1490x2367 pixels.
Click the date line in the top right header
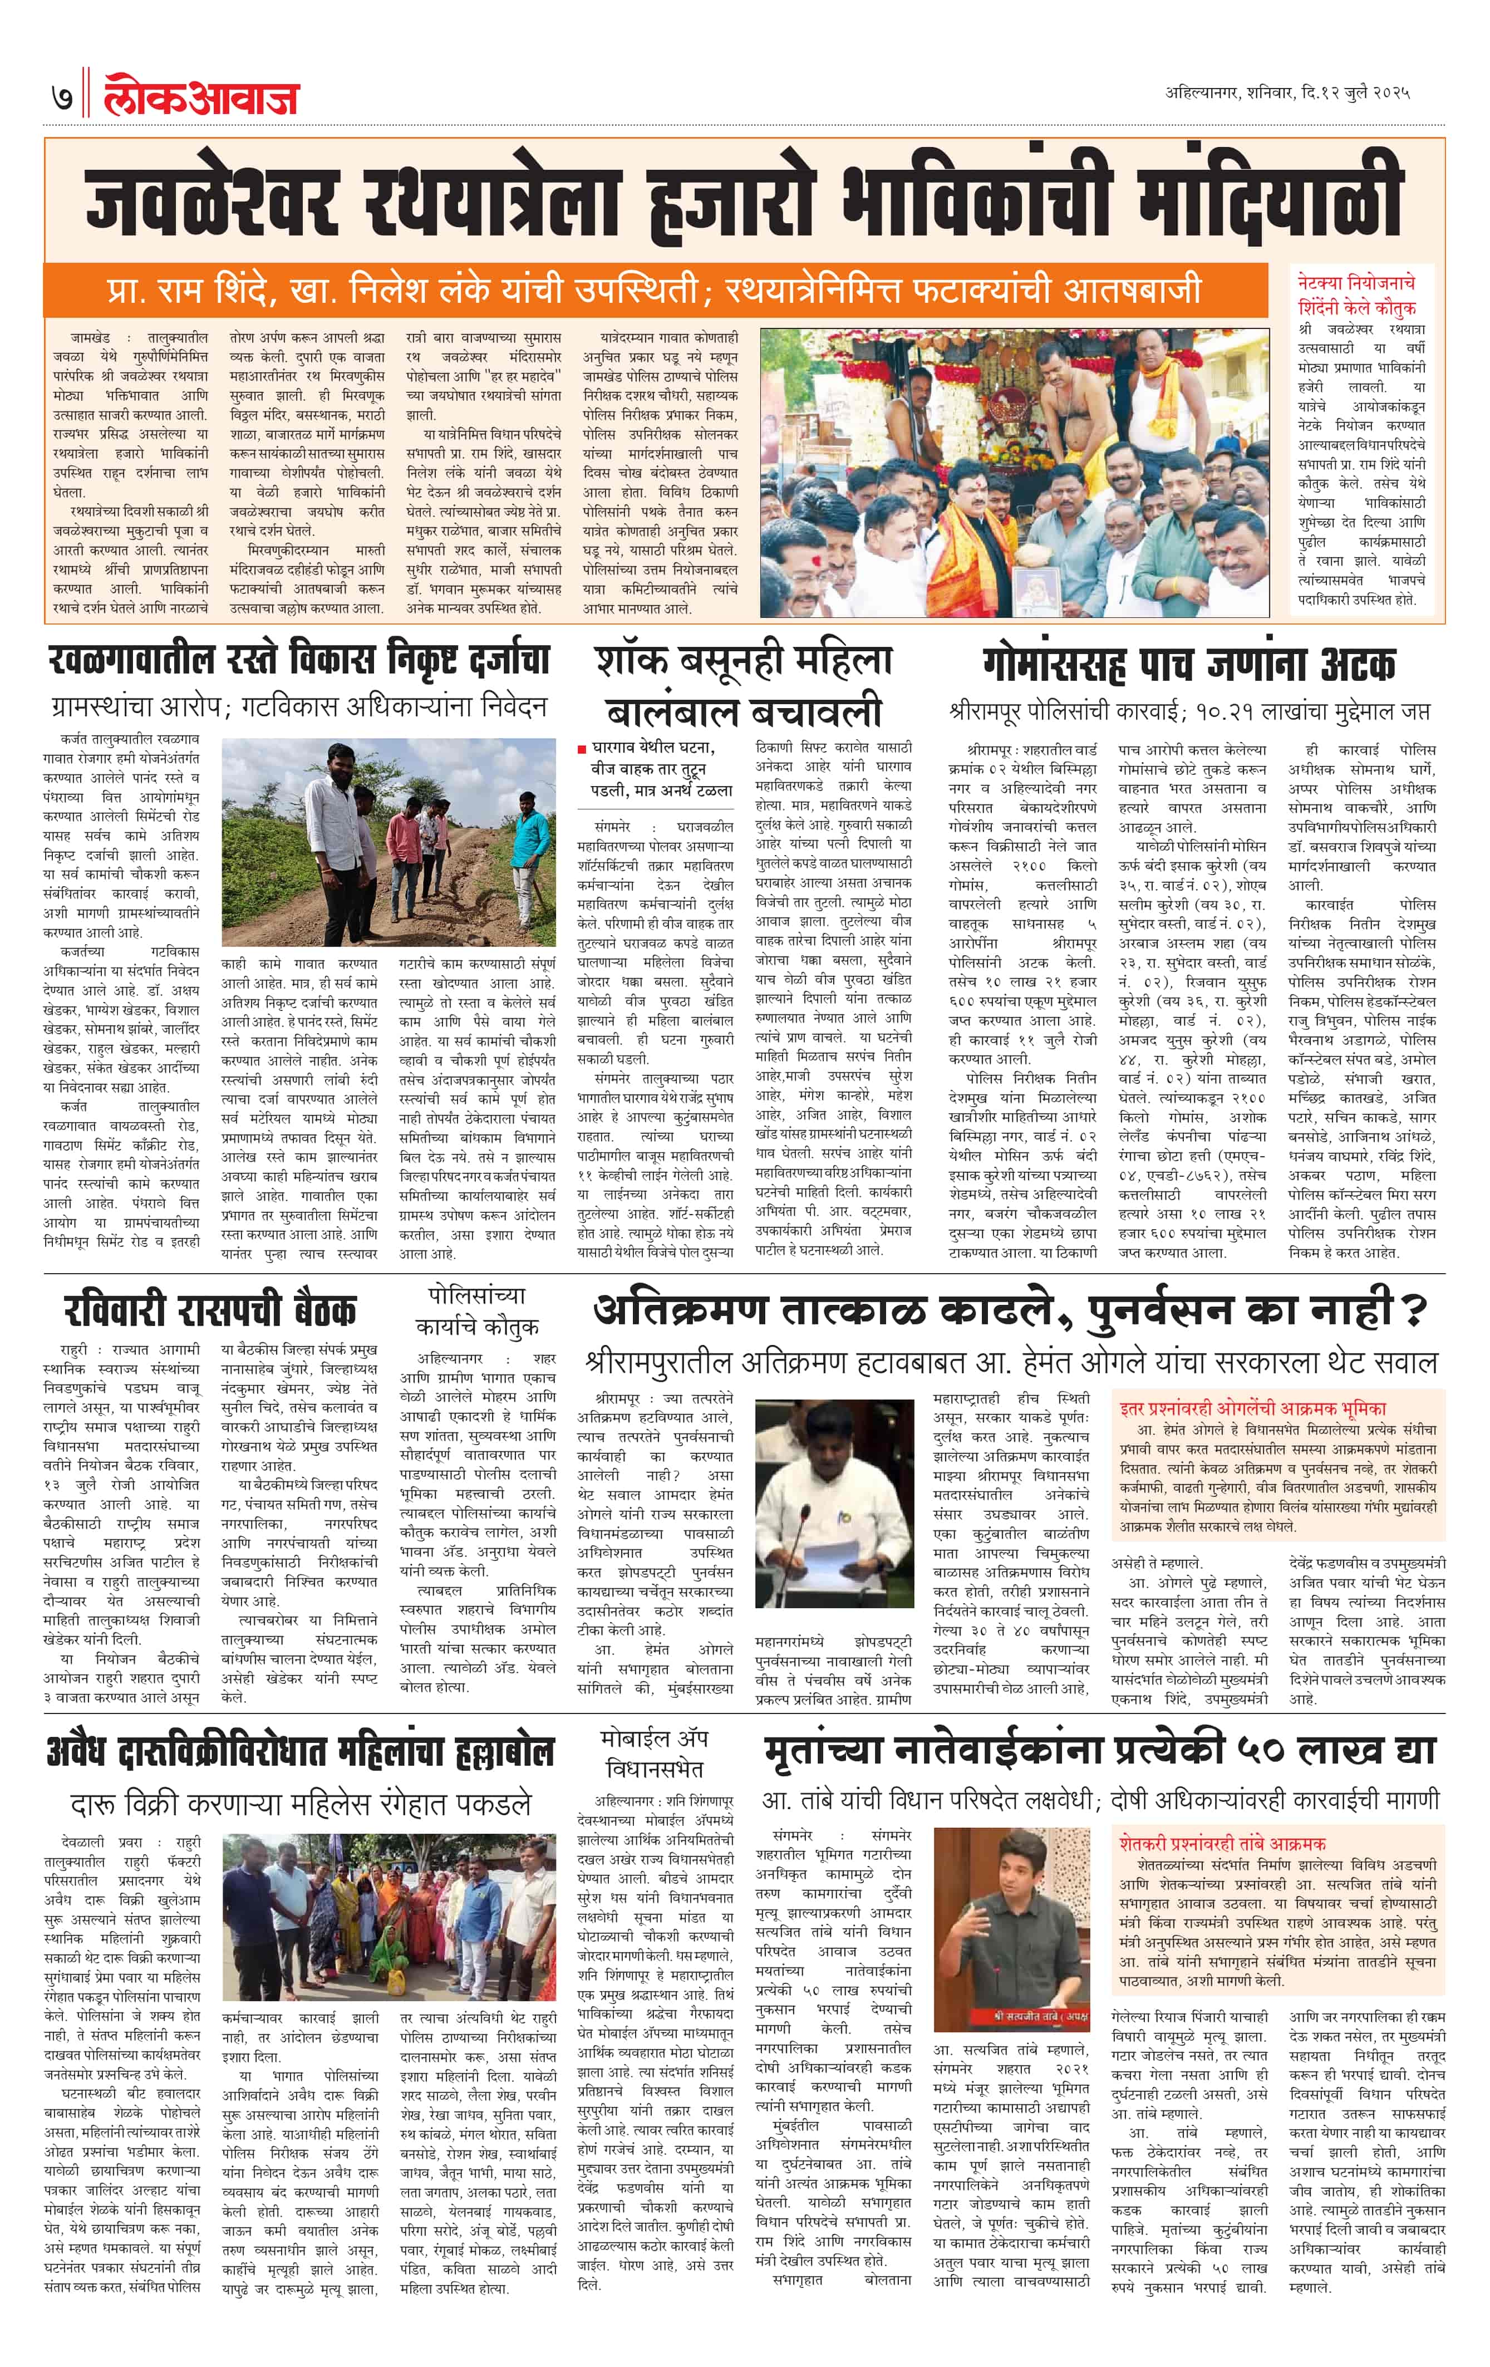point(1287,94)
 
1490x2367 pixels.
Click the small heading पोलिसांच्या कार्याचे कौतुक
point(476,1310)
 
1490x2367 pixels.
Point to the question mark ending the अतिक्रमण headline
point(1412,1310)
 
